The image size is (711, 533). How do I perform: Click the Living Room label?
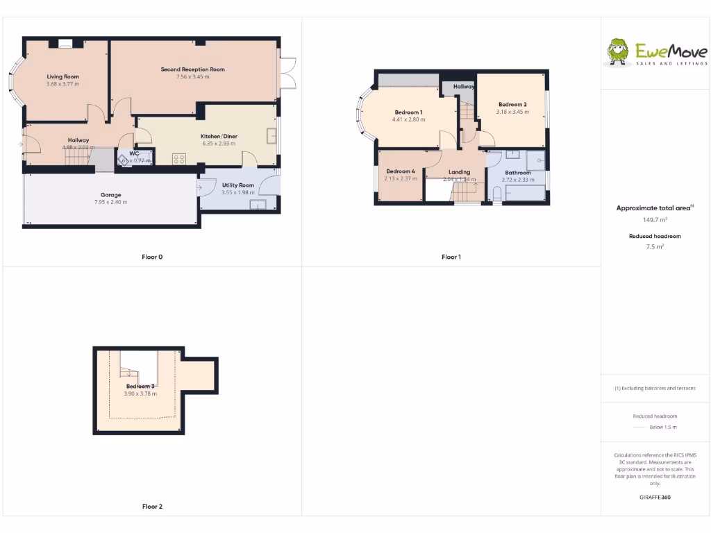click(63, 76)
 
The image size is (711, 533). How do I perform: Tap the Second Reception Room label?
click(193, 69)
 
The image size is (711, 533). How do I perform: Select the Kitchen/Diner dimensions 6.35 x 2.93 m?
click(219, 144)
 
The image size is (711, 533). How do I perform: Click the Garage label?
click(110, 195)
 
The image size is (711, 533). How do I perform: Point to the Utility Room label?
click(238, 185)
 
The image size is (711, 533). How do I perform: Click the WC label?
click(134, 153)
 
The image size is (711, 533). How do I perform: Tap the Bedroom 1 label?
click(408, 112)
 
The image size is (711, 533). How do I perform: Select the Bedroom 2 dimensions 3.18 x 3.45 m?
click(512, 112)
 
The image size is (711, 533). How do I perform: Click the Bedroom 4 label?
click(401, 171)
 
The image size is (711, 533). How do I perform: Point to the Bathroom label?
click(518, 173)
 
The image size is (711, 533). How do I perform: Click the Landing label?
click(460, 172)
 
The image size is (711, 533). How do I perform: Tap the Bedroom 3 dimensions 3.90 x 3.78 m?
click(140, 394)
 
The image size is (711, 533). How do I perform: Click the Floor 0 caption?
click(152, 257)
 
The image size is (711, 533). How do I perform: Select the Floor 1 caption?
click(451, 257)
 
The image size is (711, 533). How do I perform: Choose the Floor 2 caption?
click(152, 507)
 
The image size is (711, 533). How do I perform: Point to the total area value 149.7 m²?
click(655, 220)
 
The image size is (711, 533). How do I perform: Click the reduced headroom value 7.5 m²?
click(655, 246)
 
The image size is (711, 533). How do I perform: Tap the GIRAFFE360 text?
click(655, 498)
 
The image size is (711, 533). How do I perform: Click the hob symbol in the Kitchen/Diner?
click(179, 159)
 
